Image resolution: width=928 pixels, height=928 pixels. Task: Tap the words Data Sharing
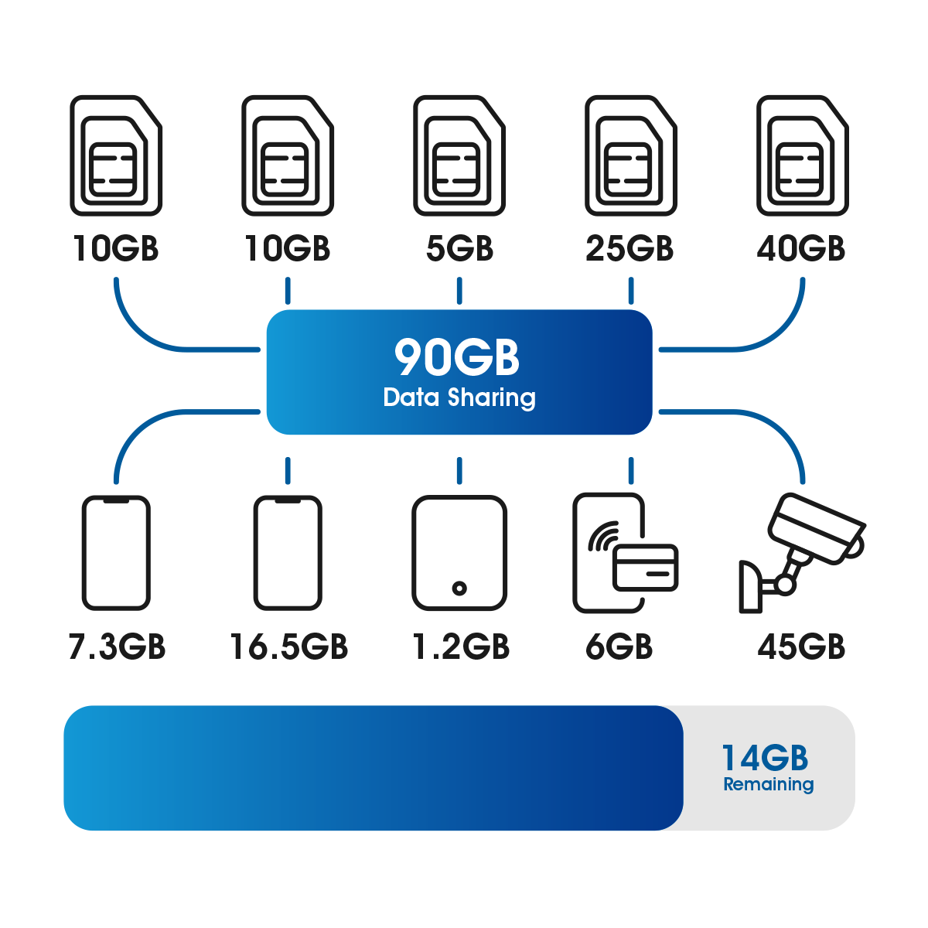click(x=459, y=397)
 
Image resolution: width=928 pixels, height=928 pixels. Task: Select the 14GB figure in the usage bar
click(x=765, y=759)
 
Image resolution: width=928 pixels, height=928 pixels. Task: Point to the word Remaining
click(x=768, y=784)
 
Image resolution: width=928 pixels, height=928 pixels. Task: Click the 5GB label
click(x=459, y=249)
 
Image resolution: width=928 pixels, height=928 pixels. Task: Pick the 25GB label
click(x=629, y=249)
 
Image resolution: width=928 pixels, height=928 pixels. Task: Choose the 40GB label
click(x=801, y=249)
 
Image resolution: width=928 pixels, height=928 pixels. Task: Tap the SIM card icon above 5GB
click(x=459, y=156)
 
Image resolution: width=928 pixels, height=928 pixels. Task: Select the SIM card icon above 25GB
click(x=631, y=156)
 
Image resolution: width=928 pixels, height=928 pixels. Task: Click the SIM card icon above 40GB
click(x=803, y=156)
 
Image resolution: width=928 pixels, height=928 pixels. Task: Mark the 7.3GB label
click(x=117, y=647)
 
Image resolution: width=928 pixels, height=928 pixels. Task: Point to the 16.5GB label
click(x=288, y=647)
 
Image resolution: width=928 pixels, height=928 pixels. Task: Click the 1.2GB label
click(x=460, y=647)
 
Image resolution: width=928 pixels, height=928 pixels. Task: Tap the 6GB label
click(x=619, y=647)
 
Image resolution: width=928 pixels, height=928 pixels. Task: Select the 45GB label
click(x=801, y=647)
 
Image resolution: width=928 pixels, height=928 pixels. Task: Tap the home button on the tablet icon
click(x=459, y=589)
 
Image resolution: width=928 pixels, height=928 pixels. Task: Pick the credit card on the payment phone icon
click(x=645, y=566)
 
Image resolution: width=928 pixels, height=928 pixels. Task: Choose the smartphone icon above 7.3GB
click(x=116, y=552)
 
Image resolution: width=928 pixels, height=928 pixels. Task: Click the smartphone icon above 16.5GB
click(x=288, y=552)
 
